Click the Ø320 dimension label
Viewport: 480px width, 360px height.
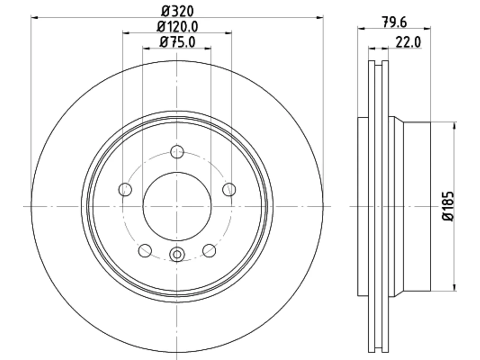(x=177, y=11)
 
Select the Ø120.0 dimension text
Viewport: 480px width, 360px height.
(x=177, y=27)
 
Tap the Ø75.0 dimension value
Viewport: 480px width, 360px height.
(x=177, y=42)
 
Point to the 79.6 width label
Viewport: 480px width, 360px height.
(x=394, y=22)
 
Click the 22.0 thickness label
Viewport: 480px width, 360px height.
(x=408, y=42)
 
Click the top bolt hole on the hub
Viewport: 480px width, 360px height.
(x=177, y=151)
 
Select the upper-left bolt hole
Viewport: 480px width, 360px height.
(x=125, y=189)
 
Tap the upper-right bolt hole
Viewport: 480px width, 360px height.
(x=229, y=189)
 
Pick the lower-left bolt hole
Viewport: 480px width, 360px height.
(x=145, y=250)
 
